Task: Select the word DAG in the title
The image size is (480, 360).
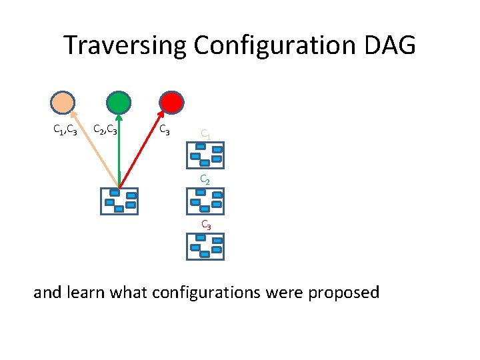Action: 393,46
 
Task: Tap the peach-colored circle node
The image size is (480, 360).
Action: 63,102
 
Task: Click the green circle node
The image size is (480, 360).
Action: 119,102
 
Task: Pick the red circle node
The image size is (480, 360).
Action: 171,102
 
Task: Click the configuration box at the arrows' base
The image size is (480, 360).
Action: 119,201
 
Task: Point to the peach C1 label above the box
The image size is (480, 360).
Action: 206,135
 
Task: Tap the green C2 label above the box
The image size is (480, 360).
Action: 206,180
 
